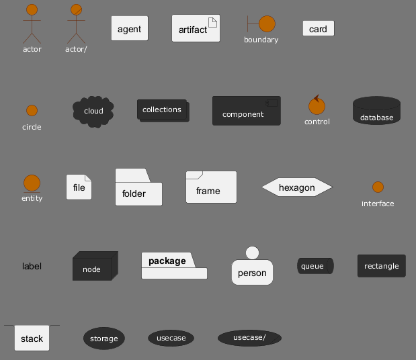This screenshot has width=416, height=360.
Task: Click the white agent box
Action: tap(129, 29)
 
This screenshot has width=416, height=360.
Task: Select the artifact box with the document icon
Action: tap(196, 29)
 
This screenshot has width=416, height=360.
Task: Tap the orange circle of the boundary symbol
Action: tap(267, 24)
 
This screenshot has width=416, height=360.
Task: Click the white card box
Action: tap(318, 28)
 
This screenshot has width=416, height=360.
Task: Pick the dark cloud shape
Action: tap(93, 110)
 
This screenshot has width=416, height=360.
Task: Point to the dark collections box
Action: tap(163, 110)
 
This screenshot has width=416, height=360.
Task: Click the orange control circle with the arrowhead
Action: tap(317, 106)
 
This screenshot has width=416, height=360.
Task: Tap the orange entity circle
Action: tap(32, 183)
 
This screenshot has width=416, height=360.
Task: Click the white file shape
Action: tap(79, 187)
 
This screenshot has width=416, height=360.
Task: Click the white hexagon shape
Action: tap(296, 187)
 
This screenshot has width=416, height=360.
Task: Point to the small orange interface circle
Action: tap(378, 187)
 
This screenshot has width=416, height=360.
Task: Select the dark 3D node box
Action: tap(93, 267)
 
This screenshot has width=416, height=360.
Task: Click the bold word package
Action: tap(167, 261)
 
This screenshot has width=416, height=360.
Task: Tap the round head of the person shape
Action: tap(252, 253)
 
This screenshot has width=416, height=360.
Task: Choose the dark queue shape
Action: tap(315, 266)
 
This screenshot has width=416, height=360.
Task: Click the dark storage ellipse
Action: tap(103, 339)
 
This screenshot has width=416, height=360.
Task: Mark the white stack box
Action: tap(32, 339)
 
